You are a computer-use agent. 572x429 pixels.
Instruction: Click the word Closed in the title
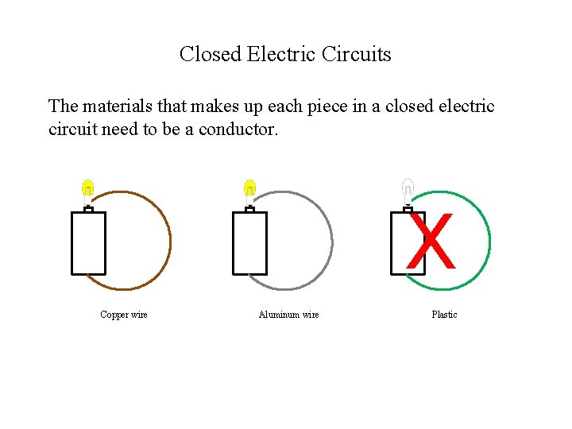pos(211,55)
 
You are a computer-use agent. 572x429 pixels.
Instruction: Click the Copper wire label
pos(124,315)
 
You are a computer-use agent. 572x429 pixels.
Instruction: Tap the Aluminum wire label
pos(288,315)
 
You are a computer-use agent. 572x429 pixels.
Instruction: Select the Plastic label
pos(444,315)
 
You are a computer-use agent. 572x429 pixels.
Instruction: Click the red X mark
pos(431,242)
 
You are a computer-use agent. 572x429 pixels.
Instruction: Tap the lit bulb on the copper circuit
pos(88,189)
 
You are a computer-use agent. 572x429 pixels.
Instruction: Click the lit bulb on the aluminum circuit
pos(249,189)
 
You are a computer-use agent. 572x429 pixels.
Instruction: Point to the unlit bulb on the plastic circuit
pos(408,189)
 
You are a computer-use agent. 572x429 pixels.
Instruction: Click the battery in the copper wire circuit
pos(88,242)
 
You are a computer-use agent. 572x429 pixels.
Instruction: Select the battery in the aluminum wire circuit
pos(249,242)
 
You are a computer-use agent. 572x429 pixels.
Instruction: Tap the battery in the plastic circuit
pos(400,242)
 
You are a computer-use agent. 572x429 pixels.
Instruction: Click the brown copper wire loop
pos(170,238)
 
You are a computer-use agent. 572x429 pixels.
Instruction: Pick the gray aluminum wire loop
pos(331,238)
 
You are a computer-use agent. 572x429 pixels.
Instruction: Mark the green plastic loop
pos(489,238)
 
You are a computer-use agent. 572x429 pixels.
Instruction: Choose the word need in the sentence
pos(121,129)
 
